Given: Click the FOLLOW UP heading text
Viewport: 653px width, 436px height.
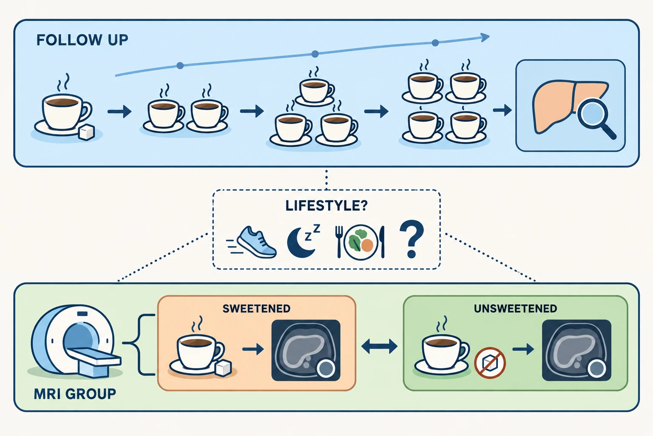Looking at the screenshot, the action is point(82,40).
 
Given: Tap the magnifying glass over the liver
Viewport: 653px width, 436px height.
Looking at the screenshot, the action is point(595,117).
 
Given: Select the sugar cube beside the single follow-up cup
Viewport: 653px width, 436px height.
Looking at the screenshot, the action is point(87,132).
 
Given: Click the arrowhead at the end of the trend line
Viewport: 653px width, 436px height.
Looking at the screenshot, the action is point(485,37).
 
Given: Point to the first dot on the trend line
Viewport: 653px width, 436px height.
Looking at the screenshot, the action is point(180,66).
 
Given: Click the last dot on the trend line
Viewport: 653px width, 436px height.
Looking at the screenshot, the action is point(435,43).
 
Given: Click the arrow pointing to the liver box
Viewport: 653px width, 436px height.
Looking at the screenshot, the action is point(502,110).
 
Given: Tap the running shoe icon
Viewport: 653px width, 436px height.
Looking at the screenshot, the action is point(252,242).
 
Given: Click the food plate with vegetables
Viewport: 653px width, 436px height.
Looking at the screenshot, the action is point(361,242).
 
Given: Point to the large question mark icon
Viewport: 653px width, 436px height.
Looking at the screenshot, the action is point(412,239).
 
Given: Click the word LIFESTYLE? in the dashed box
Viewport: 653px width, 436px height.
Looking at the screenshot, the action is point(326,206).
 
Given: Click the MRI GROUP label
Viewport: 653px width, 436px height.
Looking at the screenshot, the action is point(75,394).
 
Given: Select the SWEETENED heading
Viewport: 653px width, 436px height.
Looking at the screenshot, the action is point(256,309).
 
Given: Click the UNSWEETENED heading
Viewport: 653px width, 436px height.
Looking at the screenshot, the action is point(515,309).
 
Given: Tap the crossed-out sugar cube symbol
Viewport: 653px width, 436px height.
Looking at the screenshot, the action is point(490,363).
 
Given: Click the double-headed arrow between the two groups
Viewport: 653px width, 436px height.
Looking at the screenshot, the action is point(379,347).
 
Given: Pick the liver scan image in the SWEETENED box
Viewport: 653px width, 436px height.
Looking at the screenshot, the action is point(306,350).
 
